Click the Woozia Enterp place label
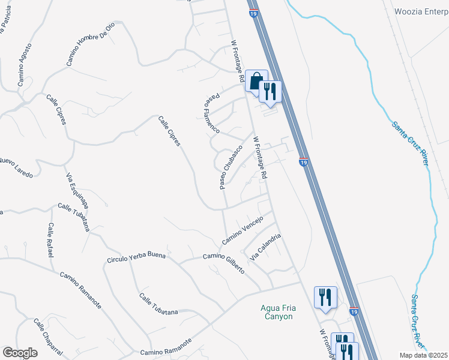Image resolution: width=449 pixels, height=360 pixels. tap(421, 11)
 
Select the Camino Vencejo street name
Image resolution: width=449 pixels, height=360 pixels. tap(243, 230)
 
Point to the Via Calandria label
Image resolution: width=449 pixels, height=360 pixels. tap(265, 246)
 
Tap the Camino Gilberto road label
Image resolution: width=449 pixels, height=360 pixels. tap(223, 263)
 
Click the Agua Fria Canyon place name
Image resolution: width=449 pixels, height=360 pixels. tap(277, 312)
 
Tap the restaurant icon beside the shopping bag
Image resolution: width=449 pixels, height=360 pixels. tap(270, 92)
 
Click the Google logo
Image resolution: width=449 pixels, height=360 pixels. tap(20, 352)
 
